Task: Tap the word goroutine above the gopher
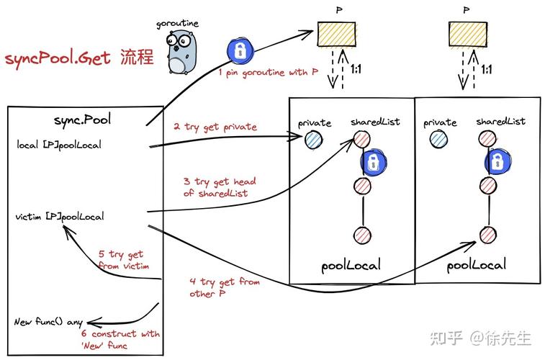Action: coord(177,24)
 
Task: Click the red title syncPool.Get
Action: coord(58,58)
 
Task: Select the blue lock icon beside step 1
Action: coord(238,50)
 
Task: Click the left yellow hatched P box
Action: coord(338,35)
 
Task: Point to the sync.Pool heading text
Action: coord(80,119)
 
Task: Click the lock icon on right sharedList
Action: coord(497,163)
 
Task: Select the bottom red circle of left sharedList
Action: coord(362,235)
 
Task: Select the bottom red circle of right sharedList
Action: coord(487,235)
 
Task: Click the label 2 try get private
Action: coord(215,127)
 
